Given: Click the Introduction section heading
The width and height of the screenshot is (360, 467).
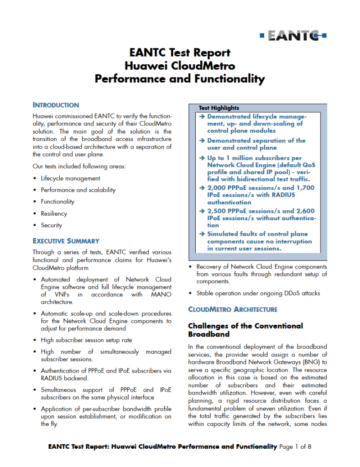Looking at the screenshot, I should click(56, 105).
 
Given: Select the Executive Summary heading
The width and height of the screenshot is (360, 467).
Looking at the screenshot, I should click(66, 241).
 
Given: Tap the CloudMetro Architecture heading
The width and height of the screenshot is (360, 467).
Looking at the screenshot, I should click(233, 309).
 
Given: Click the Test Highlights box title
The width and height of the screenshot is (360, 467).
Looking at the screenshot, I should click(219, 108).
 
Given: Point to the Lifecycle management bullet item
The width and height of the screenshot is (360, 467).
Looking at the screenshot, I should click(70, 178).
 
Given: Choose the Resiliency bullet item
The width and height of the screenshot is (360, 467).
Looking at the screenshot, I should click(54, 213).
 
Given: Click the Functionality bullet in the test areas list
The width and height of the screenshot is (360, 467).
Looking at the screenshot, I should click(57, 202).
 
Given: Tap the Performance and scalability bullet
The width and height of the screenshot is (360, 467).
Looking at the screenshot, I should click(78, 190).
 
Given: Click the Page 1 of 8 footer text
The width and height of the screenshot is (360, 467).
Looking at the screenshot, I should click(295, 446).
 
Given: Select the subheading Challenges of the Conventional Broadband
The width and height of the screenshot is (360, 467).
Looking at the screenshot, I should click(245, 330).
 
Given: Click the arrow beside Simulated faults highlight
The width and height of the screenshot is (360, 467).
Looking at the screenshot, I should click(203, 234).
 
